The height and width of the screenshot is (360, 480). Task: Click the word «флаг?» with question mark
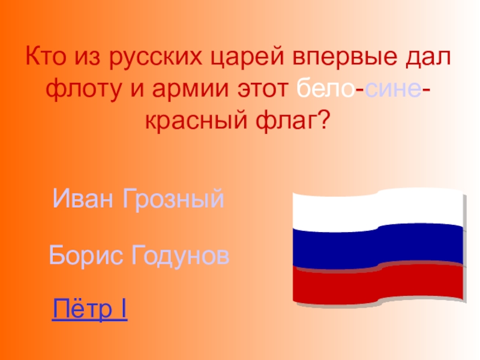(x=295, y=122)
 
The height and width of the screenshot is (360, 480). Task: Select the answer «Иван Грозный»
(x=139, y=199)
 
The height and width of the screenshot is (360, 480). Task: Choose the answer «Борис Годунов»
(x=139, y=256)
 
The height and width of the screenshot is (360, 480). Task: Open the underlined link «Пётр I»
(x=89, y=310)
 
